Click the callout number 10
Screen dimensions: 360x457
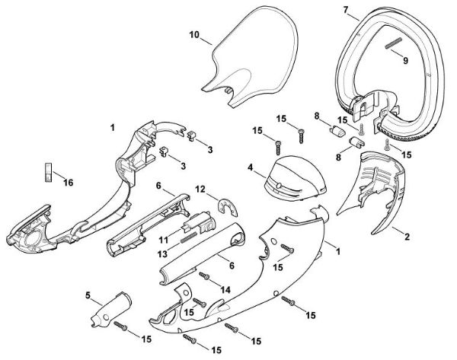coord(194,35)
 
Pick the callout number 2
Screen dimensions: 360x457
coord(407,237)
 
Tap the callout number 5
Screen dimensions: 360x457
coord(88,294)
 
